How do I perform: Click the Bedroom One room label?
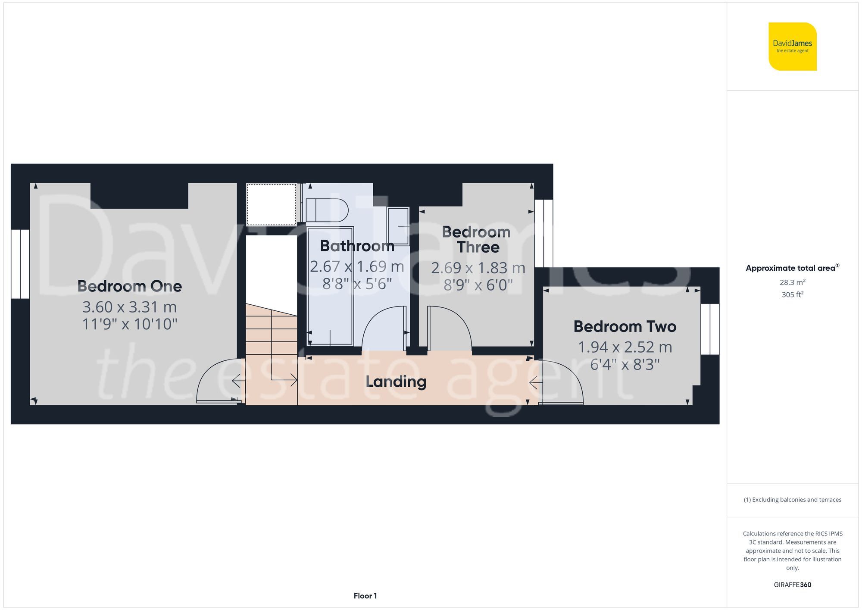point(129,286)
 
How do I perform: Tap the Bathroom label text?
point(357,246)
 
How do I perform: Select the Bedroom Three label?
point(477,240)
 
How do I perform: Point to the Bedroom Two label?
point(625,327)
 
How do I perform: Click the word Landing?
point(396,382)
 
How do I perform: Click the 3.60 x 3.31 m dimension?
point(129,307)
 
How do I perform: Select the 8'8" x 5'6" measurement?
point(357,284)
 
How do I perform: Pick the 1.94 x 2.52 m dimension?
point(625,347)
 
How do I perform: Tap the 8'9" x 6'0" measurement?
point(478,285)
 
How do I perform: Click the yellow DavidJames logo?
point(792,47)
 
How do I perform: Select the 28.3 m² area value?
point(792,282)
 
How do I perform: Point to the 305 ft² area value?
point(792,295)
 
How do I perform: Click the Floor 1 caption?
point(365,596)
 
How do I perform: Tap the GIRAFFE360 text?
point(792,585)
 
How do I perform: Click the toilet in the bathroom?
point(326,210)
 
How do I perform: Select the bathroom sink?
point(398,226)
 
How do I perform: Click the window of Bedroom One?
point(20,264)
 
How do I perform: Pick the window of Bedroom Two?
point(710,329)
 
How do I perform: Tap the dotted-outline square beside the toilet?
point(271,204)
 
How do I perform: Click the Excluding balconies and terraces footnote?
point(792,500)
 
